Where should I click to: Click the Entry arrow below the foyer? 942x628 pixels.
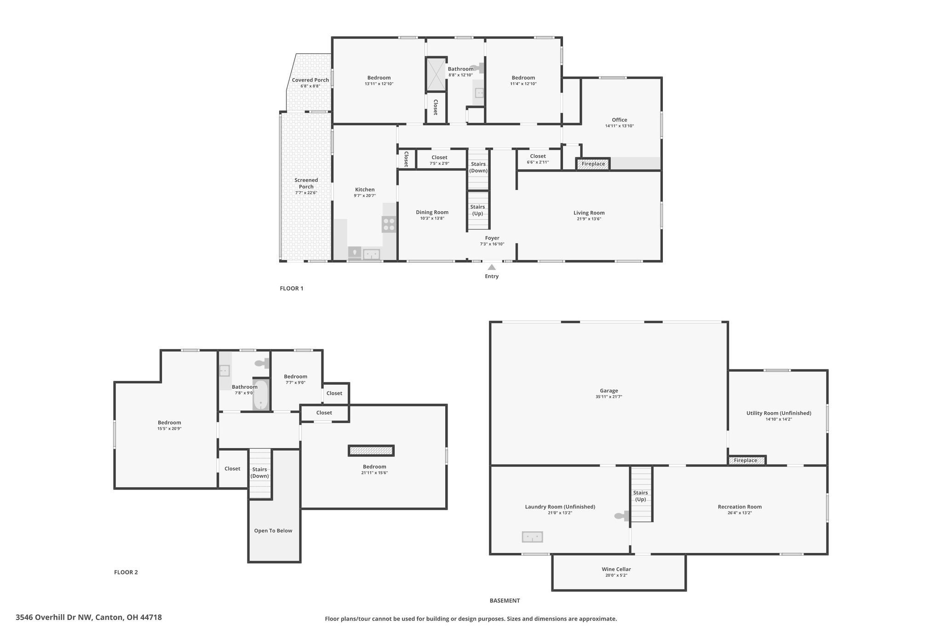pyautogui.click(x=492, y=267)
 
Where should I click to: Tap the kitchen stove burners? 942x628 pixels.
pyautogui.click(x=389, y=224)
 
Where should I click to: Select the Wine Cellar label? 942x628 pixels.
pyautogui.click(x=616, y=569)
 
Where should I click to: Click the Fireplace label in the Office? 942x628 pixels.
pyautogui.click(x=593, y=164)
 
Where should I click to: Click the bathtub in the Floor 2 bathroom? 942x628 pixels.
pyautogui.click(x=261, y=395)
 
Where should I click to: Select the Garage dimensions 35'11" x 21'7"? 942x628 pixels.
pyautogui.click(x=609, y=397)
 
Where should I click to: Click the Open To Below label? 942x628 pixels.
pyautogui.click(x=273, y=530)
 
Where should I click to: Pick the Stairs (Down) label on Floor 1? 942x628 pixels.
pyautogui.click(x=478, y=167)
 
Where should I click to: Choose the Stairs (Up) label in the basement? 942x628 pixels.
pyautogui.click(x=640, y=496)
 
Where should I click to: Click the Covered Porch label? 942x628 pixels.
pyautogui.click(x=310, y=80)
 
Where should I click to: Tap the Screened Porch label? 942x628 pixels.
pyautogui.click(x=306, y=183)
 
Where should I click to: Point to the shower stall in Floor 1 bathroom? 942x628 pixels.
pyautogui.click(x=436, y=74)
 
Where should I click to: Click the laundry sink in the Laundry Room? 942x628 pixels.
pyautogui.click(x=532, y=537)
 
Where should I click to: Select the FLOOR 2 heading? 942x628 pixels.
pyautogui.click(x=126, y=572)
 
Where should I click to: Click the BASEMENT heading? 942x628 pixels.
pyautogui.click(x=505, y=600)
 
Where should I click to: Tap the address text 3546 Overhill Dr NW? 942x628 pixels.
pyautogui.click(x=54, y=617)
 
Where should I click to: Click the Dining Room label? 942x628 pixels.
pyautogui.click(x=432, y=212)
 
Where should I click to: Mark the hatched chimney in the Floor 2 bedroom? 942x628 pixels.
pyautogui.click(x=371, y=450)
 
